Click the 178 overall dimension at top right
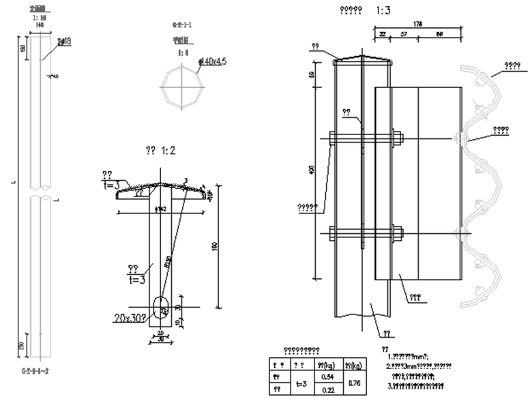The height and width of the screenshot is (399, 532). (x=419, y=24)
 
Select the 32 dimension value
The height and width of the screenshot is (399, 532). (x=383, y=33)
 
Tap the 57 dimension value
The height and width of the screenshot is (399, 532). (x=404, y=33)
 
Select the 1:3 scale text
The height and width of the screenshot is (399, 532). (x=383, y=10)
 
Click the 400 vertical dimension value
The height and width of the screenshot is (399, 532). (x=312, y=171)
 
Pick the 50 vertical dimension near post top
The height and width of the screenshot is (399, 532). (x=312, y=74)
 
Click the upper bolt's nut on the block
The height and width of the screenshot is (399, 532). (x=398, y=138)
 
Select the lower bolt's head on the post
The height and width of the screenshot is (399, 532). (x=331, y=233)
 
